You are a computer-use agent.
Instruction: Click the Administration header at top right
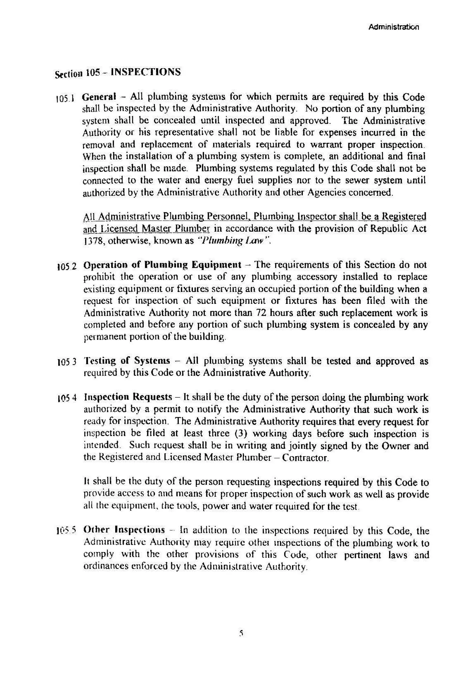click(x=394, y=27)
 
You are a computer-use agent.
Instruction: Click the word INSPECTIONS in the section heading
click(x=146, y=72)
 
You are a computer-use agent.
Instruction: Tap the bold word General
click(x=99, y=96)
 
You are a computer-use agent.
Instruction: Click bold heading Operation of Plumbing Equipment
click(x=162, y=265)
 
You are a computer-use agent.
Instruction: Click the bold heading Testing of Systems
click(x=127, y=360)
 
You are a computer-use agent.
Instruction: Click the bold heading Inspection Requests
click(x=128, y=397)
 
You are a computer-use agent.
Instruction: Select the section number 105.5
click(x=66, y=530)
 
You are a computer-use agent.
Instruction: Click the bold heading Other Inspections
click(x=124, y=529)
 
